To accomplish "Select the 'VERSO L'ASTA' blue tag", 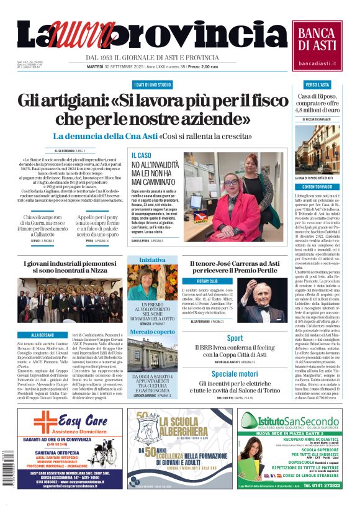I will click(317, 84).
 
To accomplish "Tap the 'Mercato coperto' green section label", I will click(152, 332).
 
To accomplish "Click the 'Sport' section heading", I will click(235, 338).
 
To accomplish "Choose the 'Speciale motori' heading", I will click(235, 374).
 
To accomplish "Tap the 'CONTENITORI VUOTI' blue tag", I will click(317, 186).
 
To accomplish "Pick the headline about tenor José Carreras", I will click(235, 268).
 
